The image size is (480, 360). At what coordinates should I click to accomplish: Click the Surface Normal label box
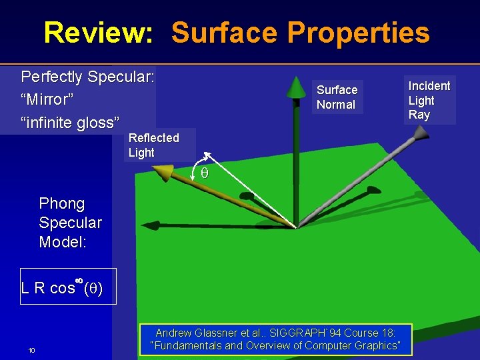337,97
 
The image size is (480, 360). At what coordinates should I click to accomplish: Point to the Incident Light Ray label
429,100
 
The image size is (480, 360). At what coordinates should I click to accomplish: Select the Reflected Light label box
154,145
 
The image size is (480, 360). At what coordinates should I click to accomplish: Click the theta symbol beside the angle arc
205,173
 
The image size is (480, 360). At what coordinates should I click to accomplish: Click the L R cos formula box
68,287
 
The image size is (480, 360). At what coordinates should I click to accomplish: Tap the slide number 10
31,351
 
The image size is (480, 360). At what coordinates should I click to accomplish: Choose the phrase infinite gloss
71,123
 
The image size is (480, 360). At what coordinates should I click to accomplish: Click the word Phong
62,203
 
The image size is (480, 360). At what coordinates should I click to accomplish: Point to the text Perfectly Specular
88,77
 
